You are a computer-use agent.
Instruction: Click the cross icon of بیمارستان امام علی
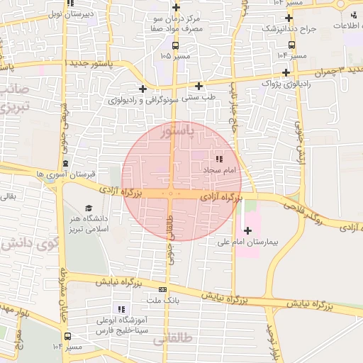(247, 230)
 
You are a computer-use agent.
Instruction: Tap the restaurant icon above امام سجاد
(219, 159)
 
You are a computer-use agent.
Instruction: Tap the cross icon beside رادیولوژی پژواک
(286, 72)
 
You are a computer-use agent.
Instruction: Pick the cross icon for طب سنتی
(199, 86)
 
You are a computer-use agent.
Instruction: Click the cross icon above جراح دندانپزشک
(289, 18)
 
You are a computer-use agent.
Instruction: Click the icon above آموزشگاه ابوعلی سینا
(121, 309)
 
